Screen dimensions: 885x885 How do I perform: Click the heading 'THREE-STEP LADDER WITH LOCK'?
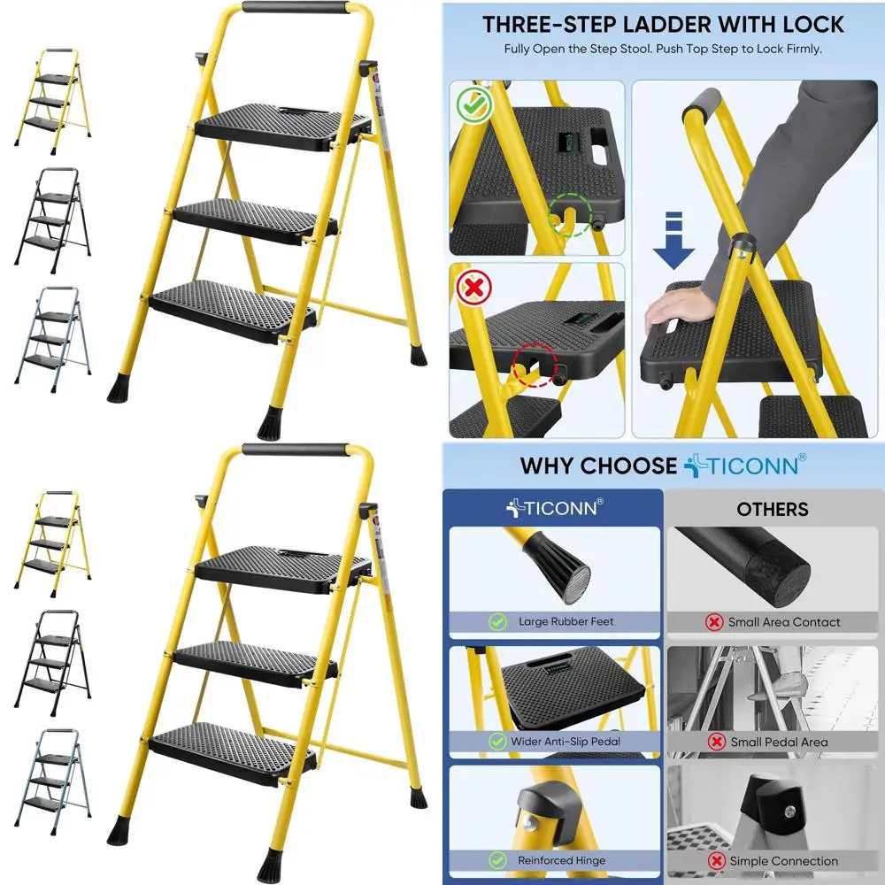[663, 24]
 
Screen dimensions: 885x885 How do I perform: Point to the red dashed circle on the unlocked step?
[535, 364]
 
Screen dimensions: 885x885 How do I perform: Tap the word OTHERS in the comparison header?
[773, 509]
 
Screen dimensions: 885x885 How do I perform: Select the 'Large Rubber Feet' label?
[566, 622]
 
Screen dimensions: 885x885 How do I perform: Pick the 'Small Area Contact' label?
[784, 622]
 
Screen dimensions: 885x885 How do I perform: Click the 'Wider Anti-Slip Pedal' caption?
[567, 742]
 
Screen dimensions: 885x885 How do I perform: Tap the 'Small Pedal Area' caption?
[779, 742]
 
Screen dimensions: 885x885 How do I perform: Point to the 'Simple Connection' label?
[783, 860]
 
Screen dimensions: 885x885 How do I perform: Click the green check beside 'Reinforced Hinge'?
[497, 860]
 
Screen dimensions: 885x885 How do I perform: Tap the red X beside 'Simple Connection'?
[716, 860]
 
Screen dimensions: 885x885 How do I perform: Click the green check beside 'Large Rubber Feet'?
[497, 622]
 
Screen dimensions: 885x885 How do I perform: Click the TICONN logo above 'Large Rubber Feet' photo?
[553, 508]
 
